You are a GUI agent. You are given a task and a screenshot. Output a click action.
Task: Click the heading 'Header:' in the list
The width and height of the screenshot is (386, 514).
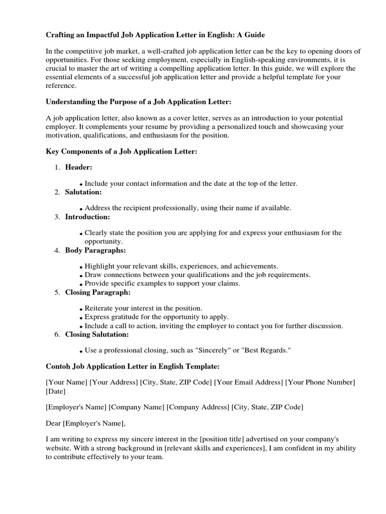[78, 167]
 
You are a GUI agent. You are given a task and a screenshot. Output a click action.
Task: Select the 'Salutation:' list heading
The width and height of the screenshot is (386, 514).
[83, 192]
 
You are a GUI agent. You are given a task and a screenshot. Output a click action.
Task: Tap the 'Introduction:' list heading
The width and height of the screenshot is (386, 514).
[87, 217]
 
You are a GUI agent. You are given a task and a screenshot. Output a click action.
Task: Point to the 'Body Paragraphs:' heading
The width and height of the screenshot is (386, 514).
[95, 250]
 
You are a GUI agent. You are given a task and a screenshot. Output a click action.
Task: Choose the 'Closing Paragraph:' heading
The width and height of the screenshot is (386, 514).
[98, 292]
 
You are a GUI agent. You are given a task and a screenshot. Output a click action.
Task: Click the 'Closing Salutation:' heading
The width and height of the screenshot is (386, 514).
[97, 334]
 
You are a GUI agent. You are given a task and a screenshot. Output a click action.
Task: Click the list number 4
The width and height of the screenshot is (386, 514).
[57, 250]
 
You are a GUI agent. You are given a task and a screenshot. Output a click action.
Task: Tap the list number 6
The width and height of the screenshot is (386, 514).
[57, 334]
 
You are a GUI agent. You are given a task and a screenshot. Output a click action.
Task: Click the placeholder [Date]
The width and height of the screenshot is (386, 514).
[55, 391]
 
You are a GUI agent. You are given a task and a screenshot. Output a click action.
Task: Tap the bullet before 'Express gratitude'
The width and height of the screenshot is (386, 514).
[81, 318]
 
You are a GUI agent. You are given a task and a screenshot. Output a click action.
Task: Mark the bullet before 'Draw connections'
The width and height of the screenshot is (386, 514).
[81, 276]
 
